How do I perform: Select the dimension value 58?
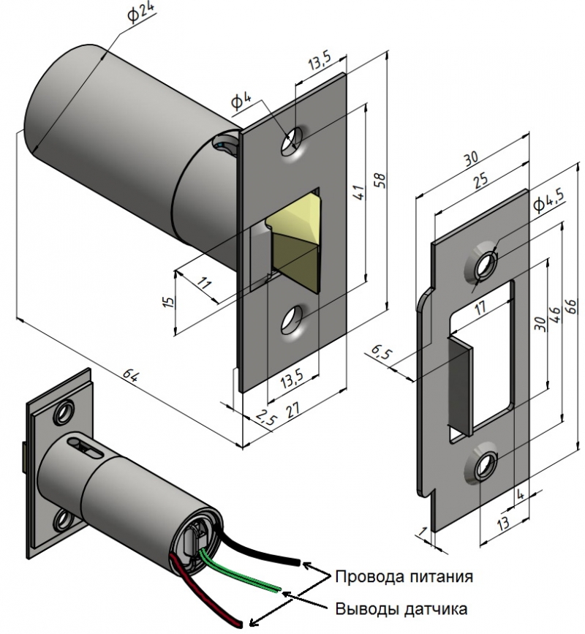380,180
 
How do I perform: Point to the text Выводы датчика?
401,608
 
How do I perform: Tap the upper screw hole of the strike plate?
484,264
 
